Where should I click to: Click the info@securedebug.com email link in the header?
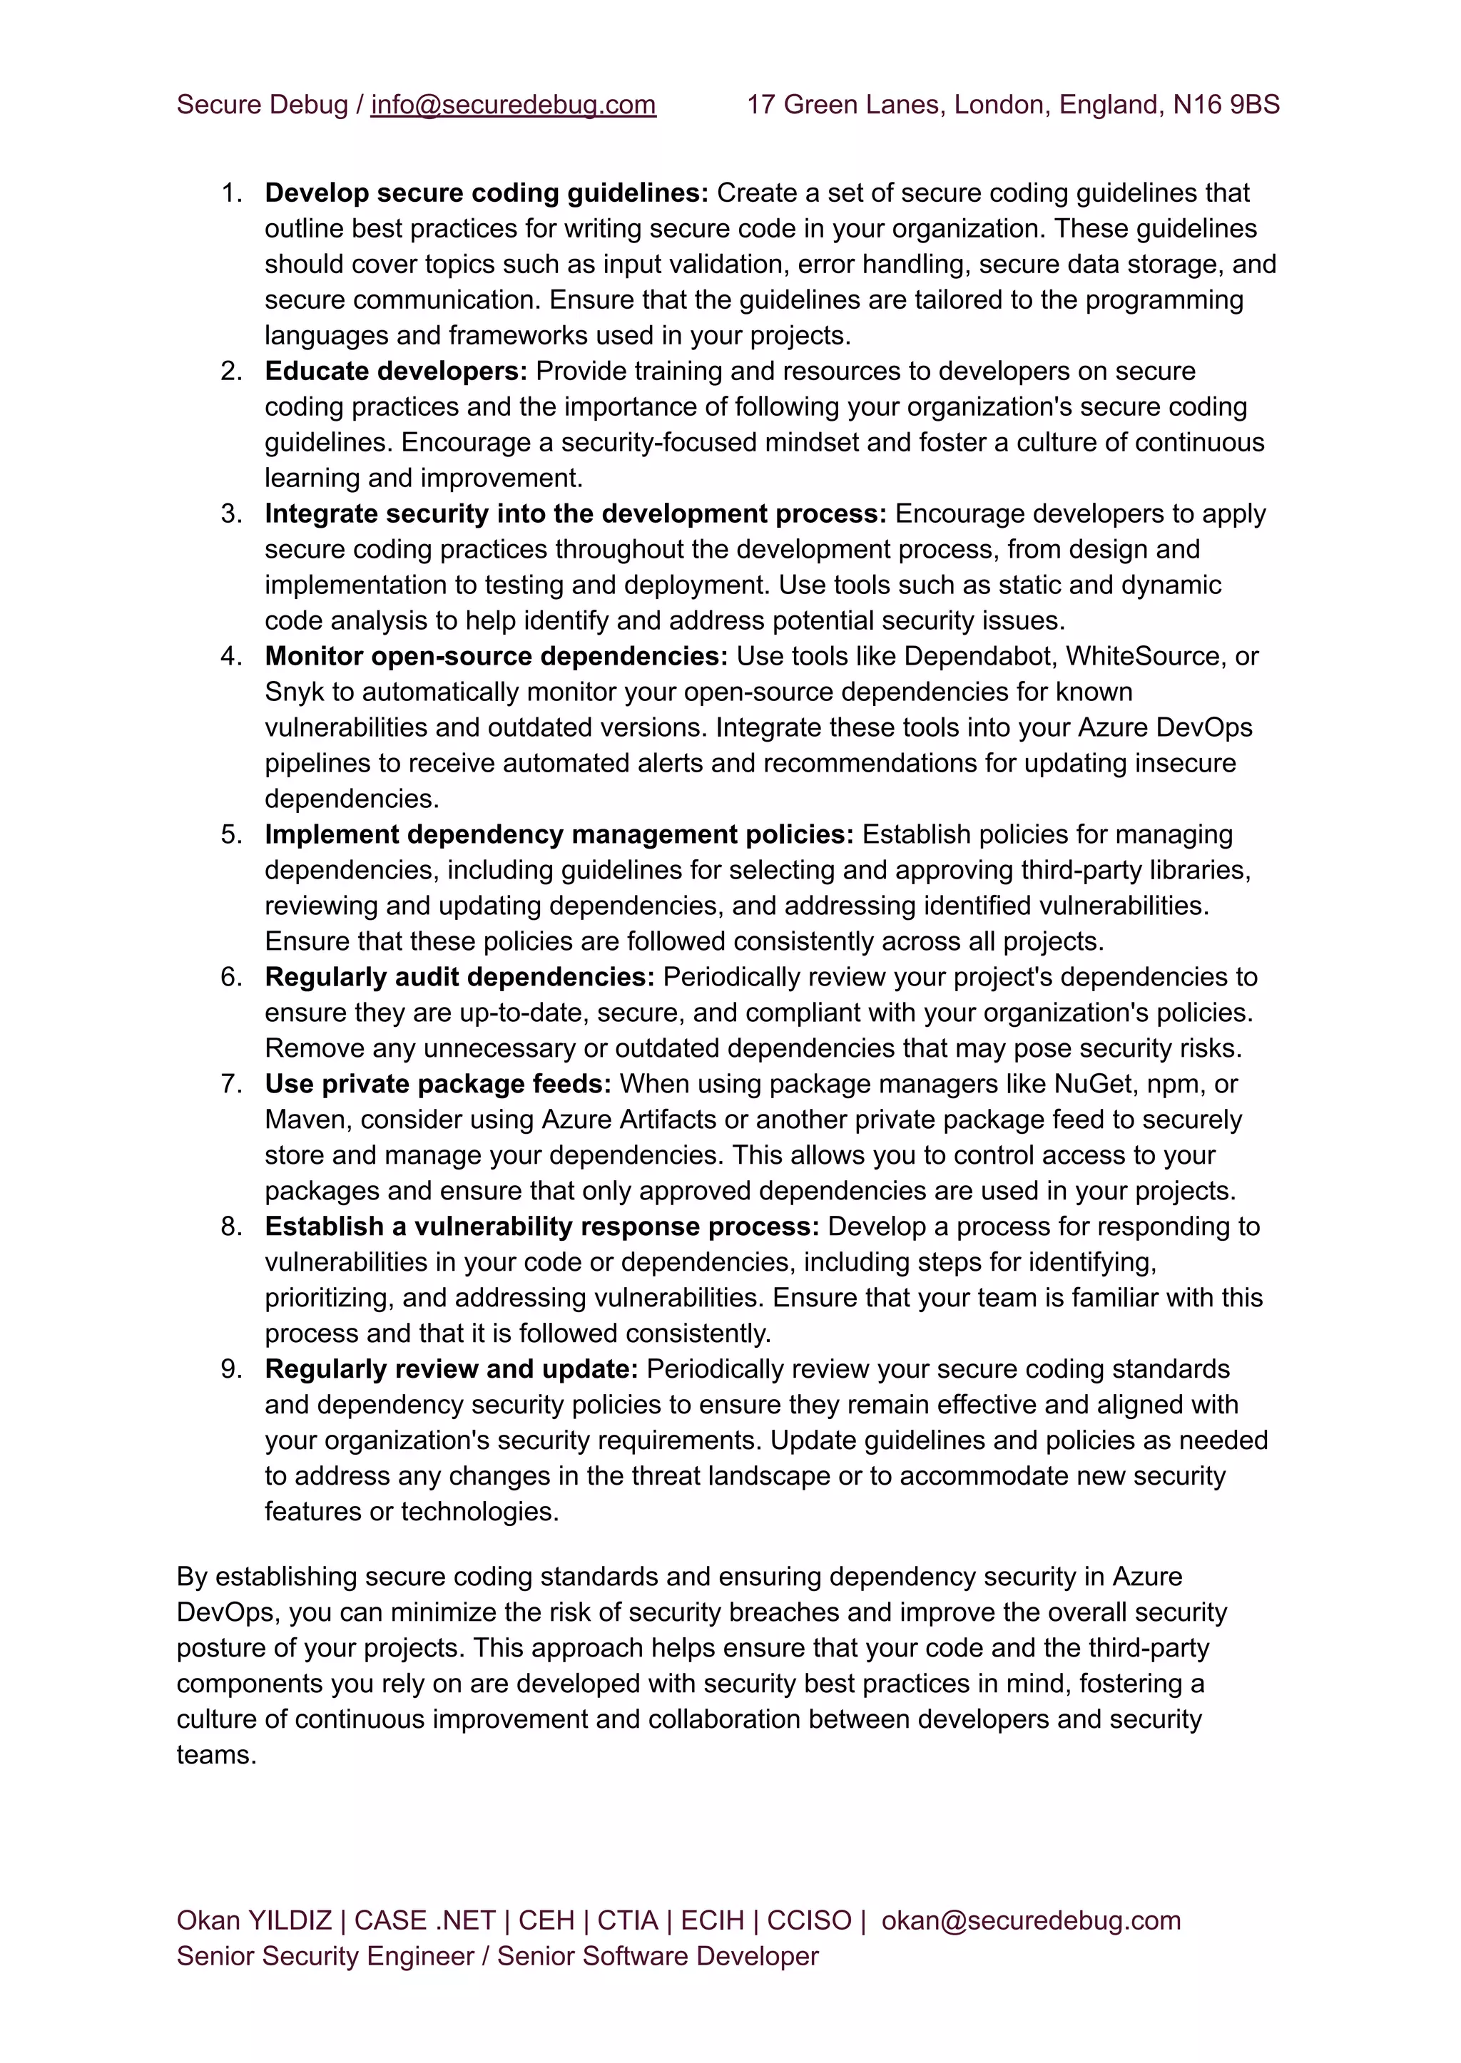pos(513,106)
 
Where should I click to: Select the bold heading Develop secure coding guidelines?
pos(487,193)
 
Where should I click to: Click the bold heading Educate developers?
pos(396,372)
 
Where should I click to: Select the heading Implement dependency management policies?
pos(559,834)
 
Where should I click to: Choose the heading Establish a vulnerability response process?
pos(541,1227)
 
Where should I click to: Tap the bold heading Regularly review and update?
pos(451,1370)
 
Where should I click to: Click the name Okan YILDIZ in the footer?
pos(254,1921)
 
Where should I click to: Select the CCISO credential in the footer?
pos(809,1921)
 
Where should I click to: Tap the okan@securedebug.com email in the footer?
pos(1031,1921)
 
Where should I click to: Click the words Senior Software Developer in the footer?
pos(658,1957)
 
